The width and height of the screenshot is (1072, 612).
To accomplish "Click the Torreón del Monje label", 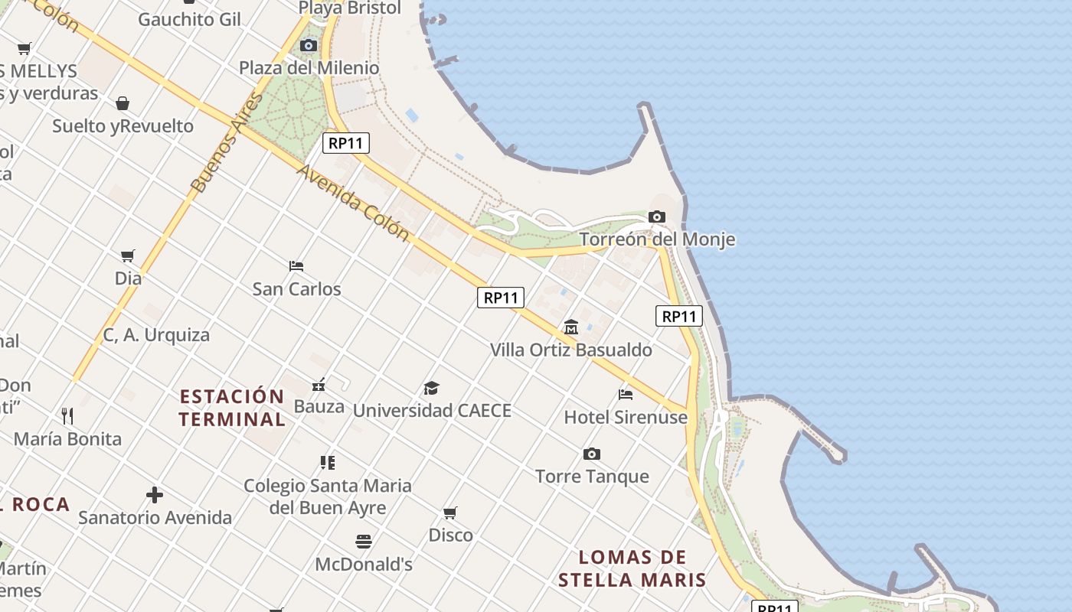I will coord(657,239).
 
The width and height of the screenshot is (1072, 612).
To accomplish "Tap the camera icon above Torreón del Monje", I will coord(657,217).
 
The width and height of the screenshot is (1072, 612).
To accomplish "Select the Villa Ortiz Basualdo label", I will coord(571,350).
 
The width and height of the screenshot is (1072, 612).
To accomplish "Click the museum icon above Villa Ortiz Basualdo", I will coord(571,327).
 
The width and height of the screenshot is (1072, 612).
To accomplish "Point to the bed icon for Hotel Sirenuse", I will coord(626,395).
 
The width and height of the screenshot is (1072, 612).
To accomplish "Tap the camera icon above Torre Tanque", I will coord(592,454).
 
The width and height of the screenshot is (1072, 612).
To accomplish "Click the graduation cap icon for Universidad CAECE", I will coord(432,388).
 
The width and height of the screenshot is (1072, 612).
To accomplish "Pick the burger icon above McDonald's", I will coord(364,542).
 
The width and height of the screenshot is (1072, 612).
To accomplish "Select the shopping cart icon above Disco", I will coord(450,513).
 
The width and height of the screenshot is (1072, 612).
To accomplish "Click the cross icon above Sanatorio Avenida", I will coord(155,495).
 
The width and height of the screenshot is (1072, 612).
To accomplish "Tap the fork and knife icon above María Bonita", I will coord(67,416).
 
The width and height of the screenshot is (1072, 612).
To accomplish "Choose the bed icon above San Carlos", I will coord(296,266).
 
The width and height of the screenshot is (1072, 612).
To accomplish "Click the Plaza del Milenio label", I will coord(309,68).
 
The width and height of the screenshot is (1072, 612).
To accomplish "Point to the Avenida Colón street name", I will coord(353,202).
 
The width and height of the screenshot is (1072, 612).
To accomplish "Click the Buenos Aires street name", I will coord(227,144).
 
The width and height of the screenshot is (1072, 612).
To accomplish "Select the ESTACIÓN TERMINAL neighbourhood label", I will coord(232,408).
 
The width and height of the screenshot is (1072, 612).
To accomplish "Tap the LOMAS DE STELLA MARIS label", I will coord(632,568).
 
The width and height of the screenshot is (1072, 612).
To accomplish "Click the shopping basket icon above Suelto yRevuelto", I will coord(123,103).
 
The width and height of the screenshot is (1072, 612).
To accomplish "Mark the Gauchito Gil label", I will coord(189,19).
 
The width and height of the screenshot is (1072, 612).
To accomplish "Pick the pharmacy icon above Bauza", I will coord(319,385).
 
